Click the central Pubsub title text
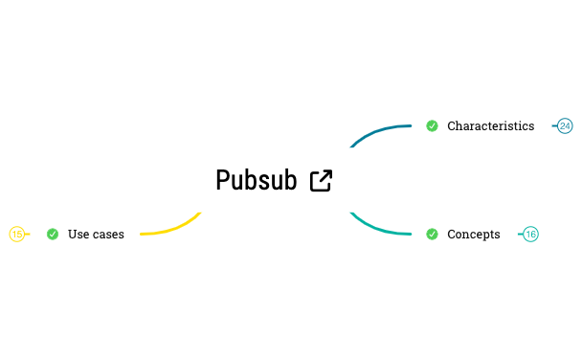pyautogui.click(x=256, y=180)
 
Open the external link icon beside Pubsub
pyautogui.click(x=322, y=180)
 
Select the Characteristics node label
pyautogui.click(x=490, y=126)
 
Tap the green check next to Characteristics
pyautogui.click(x=432, y=125)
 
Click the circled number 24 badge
pyautogui.click(x=565, y=126)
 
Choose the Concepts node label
pyautogui.click(x=473, y=235)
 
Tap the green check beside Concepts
pyautogui.click(x=432, y=234)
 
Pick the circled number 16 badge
pyautogui.click(x=530, y=235)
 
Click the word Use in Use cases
pyautogui.click(x=78, y=235)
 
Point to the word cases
pyautogui.click(x=108, y=235)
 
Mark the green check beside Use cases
pyautogui.click(x=53, y=234)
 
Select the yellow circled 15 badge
pyautogui.click(x=16, y=234)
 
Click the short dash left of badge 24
pyautogui.click(x=555, y=126)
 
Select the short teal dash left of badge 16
pyautogui.click(x=521, y=235)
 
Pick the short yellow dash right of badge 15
pyautogui.click(x=27, y=234)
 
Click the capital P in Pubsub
pyautogui.click(x=223, y=180)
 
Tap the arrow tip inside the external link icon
pyautogui.click(x=328, y=173)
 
